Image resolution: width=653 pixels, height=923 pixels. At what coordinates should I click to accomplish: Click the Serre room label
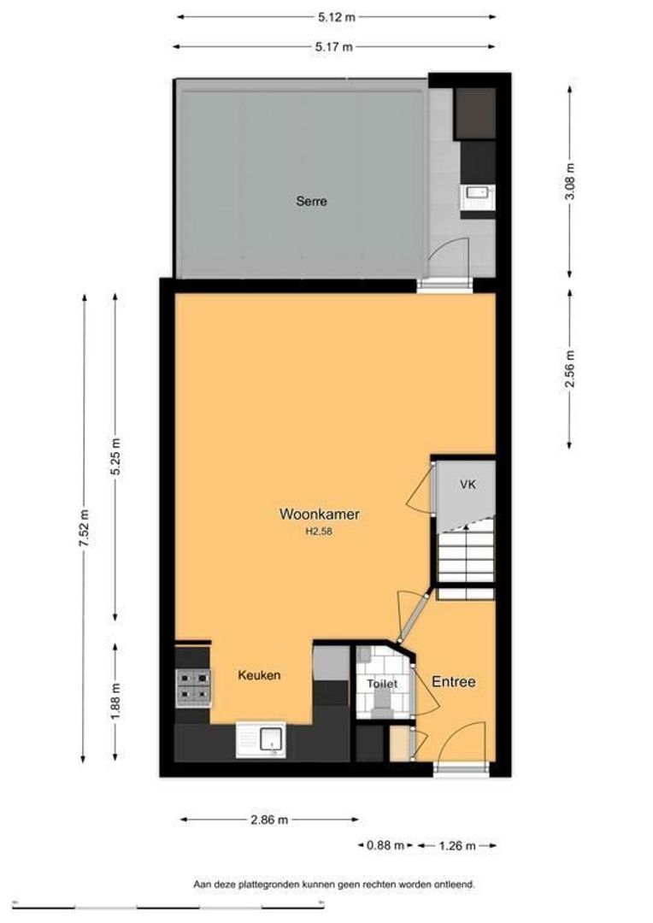click(x=311, y=202)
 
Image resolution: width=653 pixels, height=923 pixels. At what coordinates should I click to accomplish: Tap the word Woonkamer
click(x=319, y=514)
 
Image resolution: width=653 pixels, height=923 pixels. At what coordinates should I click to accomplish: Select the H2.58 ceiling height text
click(x=320, y=531)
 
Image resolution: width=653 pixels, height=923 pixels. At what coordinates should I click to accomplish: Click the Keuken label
click(x=259, y=675)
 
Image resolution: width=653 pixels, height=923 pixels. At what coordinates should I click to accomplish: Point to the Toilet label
click(x=382, y=684)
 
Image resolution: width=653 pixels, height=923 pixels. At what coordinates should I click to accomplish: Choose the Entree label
click(x=453, y=682)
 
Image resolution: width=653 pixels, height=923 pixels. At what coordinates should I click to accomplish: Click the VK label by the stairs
click(x=468, y=485)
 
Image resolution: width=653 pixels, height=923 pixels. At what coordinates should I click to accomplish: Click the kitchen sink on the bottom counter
click(x=261, y=740)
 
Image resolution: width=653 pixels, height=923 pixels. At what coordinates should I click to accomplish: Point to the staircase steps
click(x=465, y=554)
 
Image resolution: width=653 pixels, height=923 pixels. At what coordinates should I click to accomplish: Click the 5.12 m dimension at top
click(x=337, y=17)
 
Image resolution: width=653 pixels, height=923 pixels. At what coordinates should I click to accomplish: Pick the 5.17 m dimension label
click(x=334, y=47)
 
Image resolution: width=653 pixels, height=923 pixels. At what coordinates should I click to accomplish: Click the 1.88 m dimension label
click(x=115, y=701)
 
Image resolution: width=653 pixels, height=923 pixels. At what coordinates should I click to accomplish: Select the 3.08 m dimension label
click(x=569, y=180)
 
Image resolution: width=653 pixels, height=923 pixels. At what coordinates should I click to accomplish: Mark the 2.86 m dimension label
click(x=269, y=820)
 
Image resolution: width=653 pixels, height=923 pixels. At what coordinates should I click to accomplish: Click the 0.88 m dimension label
click(x=385, y=846)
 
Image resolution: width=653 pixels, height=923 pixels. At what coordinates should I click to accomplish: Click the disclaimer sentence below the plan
click(x=334, y=884)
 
